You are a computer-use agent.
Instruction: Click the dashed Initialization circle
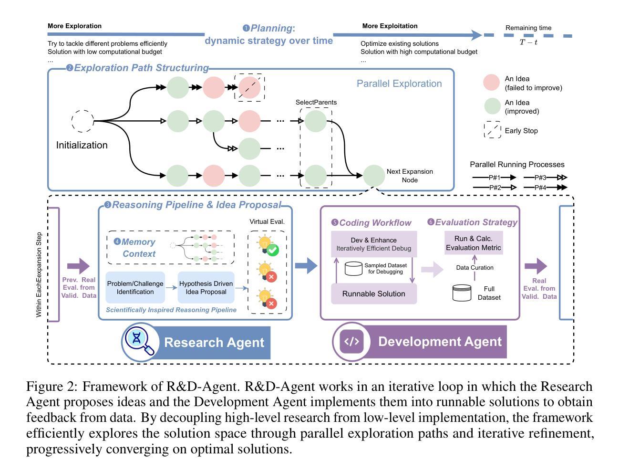[83, 121]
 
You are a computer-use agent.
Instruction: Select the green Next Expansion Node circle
[374, 176]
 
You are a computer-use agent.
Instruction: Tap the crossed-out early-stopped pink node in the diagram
[250, 87]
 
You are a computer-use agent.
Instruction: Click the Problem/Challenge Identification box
[135, 287]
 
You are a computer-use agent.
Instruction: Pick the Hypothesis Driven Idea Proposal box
[206, 287]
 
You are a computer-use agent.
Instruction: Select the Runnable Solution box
[374, 294]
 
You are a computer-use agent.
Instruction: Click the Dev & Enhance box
[374, 243]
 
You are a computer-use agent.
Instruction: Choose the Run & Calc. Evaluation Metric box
[473, 243]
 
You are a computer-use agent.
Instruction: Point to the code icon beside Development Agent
[351, 341]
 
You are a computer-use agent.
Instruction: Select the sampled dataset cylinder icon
[353, 268]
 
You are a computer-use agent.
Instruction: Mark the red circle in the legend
[492, 83]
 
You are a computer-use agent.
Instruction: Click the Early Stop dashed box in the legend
[492, 130]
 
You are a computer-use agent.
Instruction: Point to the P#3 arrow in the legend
[545, 178]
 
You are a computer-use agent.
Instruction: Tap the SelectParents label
[316, 102]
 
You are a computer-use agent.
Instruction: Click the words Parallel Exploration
[399, 84]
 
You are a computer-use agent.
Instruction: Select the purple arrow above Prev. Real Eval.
[78, 266]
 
